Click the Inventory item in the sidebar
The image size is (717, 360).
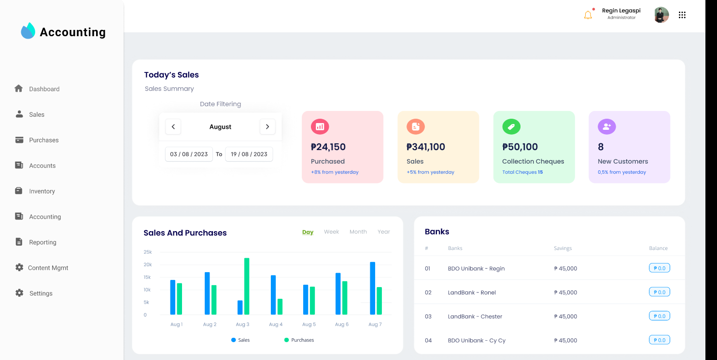click(x=42, y=191)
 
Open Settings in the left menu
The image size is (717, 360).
click(x=41, y=293)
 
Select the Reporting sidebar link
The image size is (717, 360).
click(x=42, y=242)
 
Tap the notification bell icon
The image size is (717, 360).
click(x=588, y=15)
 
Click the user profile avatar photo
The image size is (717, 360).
click(x=661, y=15)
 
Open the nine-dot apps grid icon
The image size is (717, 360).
click(x=682, y=15)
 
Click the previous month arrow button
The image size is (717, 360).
click(x=173, y=127)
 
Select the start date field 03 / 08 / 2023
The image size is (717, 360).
click(x=189, y=154)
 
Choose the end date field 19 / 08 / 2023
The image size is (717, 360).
click(x=249, y=154)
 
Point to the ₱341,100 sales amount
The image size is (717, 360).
click(x=426, y=147)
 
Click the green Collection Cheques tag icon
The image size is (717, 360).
click(x=511, y=127)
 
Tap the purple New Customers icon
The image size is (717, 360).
click(x=607, y=127)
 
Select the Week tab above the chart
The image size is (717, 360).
click(x=331, y=232)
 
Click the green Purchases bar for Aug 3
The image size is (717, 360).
click(x=247, y=286)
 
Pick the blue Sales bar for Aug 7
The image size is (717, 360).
click(x=373, y=288)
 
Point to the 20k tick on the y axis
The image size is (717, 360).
click(x=148, y=264)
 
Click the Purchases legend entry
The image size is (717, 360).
click(x=299, y=340)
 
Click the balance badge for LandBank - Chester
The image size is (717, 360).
click(x=660, y=316)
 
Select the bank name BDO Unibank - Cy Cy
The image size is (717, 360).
click(x=477, y=341)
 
